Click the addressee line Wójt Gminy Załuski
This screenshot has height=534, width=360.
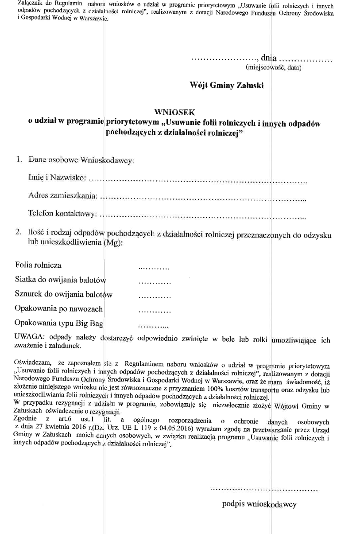tap(226, 85)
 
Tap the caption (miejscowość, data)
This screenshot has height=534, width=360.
tap(273, 68)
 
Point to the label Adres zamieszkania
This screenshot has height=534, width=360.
tap(62, 195)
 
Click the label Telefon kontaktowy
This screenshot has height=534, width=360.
tap(62, 214)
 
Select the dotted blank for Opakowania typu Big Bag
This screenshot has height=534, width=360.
tap(154, 326)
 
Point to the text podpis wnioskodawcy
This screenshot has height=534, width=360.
tap(259, 504)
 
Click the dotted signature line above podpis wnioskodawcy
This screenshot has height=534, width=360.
tap(263, 490)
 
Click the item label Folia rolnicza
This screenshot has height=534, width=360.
tap(38, 265)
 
